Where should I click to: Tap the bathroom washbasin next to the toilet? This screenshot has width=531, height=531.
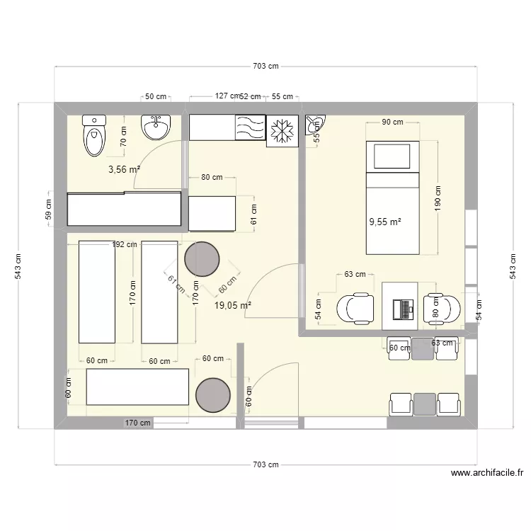[x=156, y=127]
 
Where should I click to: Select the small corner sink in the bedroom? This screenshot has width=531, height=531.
[x=314, y=125]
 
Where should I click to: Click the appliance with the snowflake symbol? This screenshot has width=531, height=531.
[x=282, y=131]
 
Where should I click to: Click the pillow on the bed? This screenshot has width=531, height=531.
[x=391, y=156]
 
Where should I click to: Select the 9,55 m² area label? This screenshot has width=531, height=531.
[x=384, y=221]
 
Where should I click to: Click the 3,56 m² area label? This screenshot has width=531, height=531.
[x=124, y=169]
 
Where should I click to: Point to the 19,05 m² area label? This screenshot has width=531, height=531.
[x=233, y=305]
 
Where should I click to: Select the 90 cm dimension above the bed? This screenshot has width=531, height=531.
[x=392, y=122]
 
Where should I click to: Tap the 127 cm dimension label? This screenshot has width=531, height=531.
[x=227, y=96]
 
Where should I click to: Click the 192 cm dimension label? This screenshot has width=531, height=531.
[x=125, y=244]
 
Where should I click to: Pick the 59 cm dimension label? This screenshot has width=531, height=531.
[x=49, y=210]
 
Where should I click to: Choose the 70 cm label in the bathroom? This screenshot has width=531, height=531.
[x=123, y=135]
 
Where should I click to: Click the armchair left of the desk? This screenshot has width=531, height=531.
[x=355, y=309]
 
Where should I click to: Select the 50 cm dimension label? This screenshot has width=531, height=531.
[x=156, y=96]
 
